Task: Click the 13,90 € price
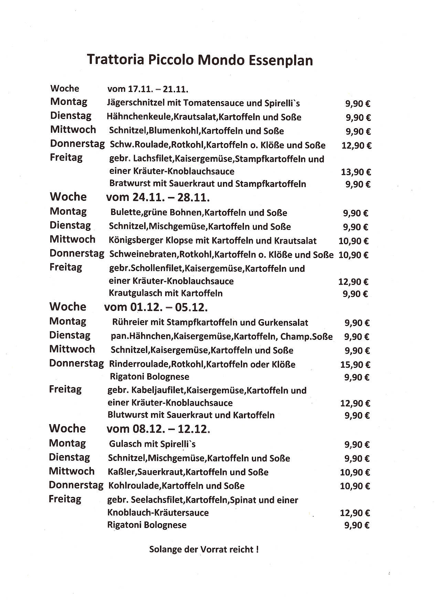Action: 356,172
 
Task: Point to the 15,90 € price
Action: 355,365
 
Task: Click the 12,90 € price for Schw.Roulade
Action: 356,146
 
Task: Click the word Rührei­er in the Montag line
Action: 126,323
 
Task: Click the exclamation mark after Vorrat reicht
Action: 257,549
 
